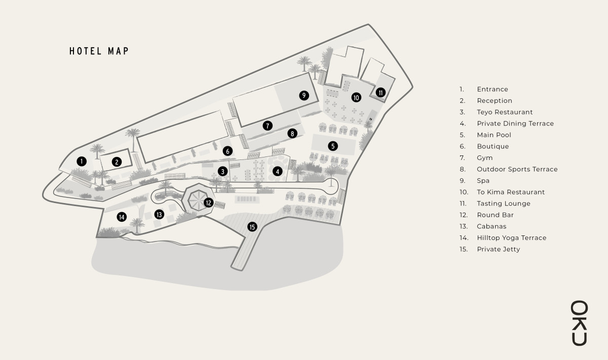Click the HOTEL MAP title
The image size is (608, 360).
click(99, 51)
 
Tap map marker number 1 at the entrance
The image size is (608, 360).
click(81, 161)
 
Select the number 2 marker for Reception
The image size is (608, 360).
click(117, 162)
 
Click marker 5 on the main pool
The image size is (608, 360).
click(333, 146)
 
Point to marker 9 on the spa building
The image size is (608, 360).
click(303, 95)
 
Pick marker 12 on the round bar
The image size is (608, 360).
click(208, 203)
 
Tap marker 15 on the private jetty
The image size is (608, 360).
click(252, 227)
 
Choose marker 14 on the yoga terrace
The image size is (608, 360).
click(122, 217)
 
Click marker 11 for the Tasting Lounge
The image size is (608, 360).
click(381, 92)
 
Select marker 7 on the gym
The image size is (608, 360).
click(268, 126)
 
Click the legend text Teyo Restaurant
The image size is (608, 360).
click(505, 112)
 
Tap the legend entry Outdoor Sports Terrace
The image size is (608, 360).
click(517, 170)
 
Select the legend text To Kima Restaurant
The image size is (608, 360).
click(511, 192)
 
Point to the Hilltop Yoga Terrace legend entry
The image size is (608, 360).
click(511, 238)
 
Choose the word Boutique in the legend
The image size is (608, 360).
click(493, 147)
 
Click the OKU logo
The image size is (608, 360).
click(580, 323)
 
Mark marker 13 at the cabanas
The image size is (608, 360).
click(159, 214)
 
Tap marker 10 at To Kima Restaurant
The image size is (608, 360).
click(356, 97)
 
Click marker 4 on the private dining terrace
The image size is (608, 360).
click(277, 171)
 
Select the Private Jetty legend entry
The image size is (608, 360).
click(498, 250)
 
